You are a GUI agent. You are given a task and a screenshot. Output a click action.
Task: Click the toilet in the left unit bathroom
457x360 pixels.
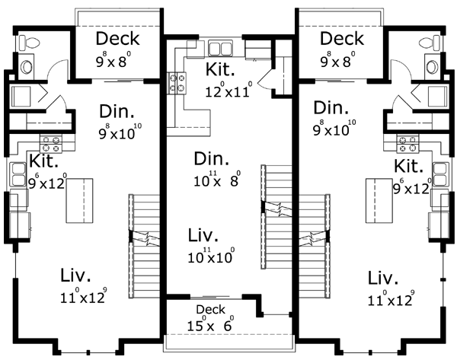click(x=29, y=43)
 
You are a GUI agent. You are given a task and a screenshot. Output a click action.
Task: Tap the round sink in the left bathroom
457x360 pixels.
click(x=27, y=67)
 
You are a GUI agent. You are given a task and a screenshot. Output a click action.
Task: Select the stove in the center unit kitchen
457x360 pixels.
click(x=177, y=83)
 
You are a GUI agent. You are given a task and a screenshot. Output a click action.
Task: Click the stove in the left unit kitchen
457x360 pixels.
click(x=51, y=144)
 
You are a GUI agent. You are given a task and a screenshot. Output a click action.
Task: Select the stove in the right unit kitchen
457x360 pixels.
click(x=407, y=145)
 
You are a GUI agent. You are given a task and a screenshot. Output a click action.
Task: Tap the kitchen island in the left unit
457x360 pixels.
click(x=79, y=201)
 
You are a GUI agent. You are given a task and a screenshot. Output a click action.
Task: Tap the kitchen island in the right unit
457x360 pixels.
click(x=379, y=201)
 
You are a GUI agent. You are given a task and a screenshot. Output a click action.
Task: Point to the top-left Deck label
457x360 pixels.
click(x=118, y=39)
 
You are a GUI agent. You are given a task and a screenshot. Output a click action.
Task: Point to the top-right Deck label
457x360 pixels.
click(x=342, y=39)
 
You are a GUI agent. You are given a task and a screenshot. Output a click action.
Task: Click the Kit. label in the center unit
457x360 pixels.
click(x=220, y=69)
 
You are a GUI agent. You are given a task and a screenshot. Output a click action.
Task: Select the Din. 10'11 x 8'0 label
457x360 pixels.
click(x=217, y=168)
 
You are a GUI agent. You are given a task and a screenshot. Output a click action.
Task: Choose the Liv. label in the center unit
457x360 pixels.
click(x=203, y=235)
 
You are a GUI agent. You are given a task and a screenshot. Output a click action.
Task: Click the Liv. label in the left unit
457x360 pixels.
click(x=75, y=275)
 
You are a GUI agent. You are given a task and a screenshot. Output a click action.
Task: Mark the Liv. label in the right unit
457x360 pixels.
click(x=382, y=278)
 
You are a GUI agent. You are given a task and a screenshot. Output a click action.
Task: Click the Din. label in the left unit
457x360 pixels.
click(x=117, y=111)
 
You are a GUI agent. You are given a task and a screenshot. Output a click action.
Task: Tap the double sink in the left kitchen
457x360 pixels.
click(x=18, y=174)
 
